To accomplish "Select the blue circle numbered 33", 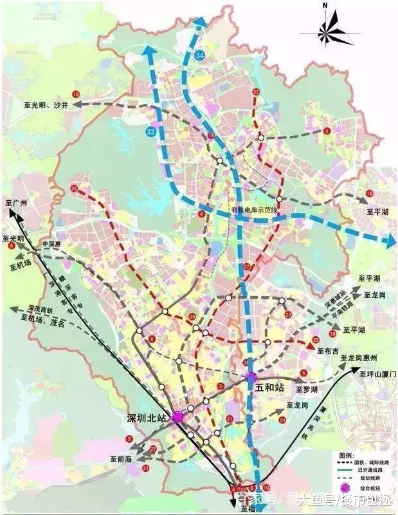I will [x=151, y=131].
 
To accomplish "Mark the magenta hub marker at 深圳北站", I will [x=177, y=417].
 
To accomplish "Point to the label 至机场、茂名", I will [x=43, y=317].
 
